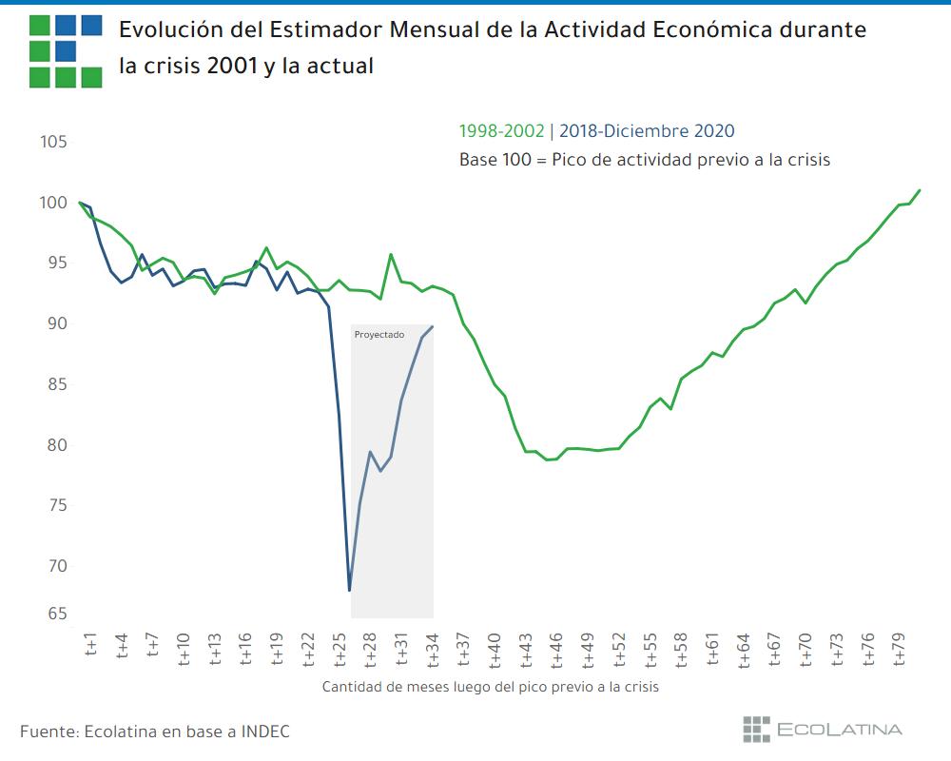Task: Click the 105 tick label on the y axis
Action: coord(53,142)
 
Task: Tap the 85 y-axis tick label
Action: coord(53,384)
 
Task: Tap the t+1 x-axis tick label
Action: coord(91,647)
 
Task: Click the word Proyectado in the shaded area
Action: coord(378,335)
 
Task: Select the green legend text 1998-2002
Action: coord(501,131)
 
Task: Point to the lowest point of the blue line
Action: coord(350,591)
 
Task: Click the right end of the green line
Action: coord(920,190)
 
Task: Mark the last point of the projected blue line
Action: coord(433,326)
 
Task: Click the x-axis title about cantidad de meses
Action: coord(490,686)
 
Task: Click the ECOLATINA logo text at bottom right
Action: coord(839,730)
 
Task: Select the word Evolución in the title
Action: coord(168,29)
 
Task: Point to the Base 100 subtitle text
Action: coord(645,160)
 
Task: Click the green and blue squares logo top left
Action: coord(66,50)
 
